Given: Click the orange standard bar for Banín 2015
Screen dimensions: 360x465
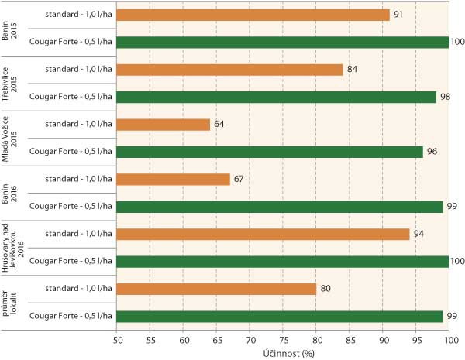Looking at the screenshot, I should [253, 15].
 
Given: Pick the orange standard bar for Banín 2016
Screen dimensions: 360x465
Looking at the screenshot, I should [173, 180].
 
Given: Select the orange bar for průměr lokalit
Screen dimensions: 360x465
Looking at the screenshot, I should [216, 289].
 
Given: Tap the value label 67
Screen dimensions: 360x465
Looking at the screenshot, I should [241, 180].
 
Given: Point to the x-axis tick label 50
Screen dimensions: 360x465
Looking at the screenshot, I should [116, 340].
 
